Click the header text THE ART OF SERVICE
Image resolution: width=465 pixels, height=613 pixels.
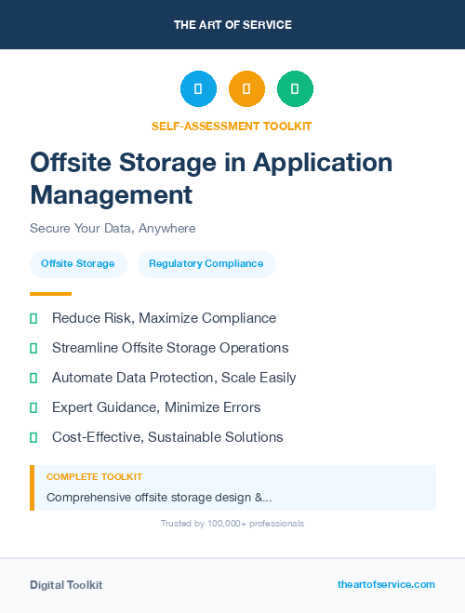click(232, 24)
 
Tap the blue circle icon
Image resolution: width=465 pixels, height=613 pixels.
click(198, 89)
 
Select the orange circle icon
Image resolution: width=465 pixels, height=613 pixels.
click(246, 89)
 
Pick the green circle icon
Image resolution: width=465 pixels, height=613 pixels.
click(295, 89)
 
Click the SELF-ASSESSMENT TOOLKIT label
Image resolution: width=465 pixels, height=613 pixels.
click(232, 126)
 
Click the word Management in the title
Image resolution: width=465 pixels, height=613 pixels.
click(112, 194)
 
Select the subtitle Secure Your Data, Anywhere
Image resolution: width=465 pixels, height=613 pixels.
click(113, 228)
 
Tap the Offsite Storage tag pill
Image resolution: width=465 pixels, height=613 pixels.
click(78, 264)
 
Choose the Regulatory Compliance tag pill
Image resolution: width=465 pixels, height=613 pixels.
click(206, 264)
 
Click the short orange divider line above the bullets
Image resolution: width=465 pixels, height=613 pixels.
click(50, 294)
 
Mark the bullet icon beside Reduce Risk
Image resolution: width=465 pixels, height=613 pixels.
click(33, 318)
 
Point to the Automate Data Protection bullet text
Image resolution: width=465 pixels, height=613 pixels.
click(174, 378)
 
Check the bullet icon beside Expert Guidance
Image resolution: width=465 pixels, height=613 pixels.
click(33, 407)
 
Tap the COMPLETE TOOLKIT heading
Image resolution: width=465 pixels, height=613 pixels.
click(94, 476)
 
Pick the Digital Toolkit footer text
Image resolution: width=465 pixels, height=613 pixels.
click(66, 585)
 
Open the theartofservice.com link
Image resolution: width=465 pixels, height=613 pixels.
click(386, 584)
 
